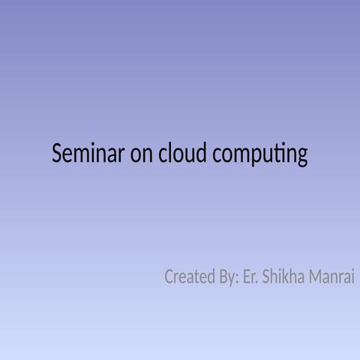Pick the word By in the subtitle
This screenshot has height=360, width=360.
coord(226,277)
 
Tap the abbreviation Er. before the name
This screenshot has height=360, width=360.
coord(251,277)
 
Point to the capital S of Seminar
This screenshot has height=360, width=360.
coord(55,154)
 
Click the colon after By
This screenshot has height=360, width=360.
coord(237,280)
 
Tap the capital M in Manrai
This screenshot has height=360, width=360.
coord(313,277)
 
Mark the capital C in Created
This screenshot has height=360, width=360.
coord(169,277)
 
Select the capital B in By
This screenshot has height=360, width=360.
coord(221,277)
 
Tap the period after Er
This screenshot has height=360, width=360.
coord(258,283)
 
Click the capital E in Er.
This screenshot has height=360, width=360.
coord(247,277)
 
